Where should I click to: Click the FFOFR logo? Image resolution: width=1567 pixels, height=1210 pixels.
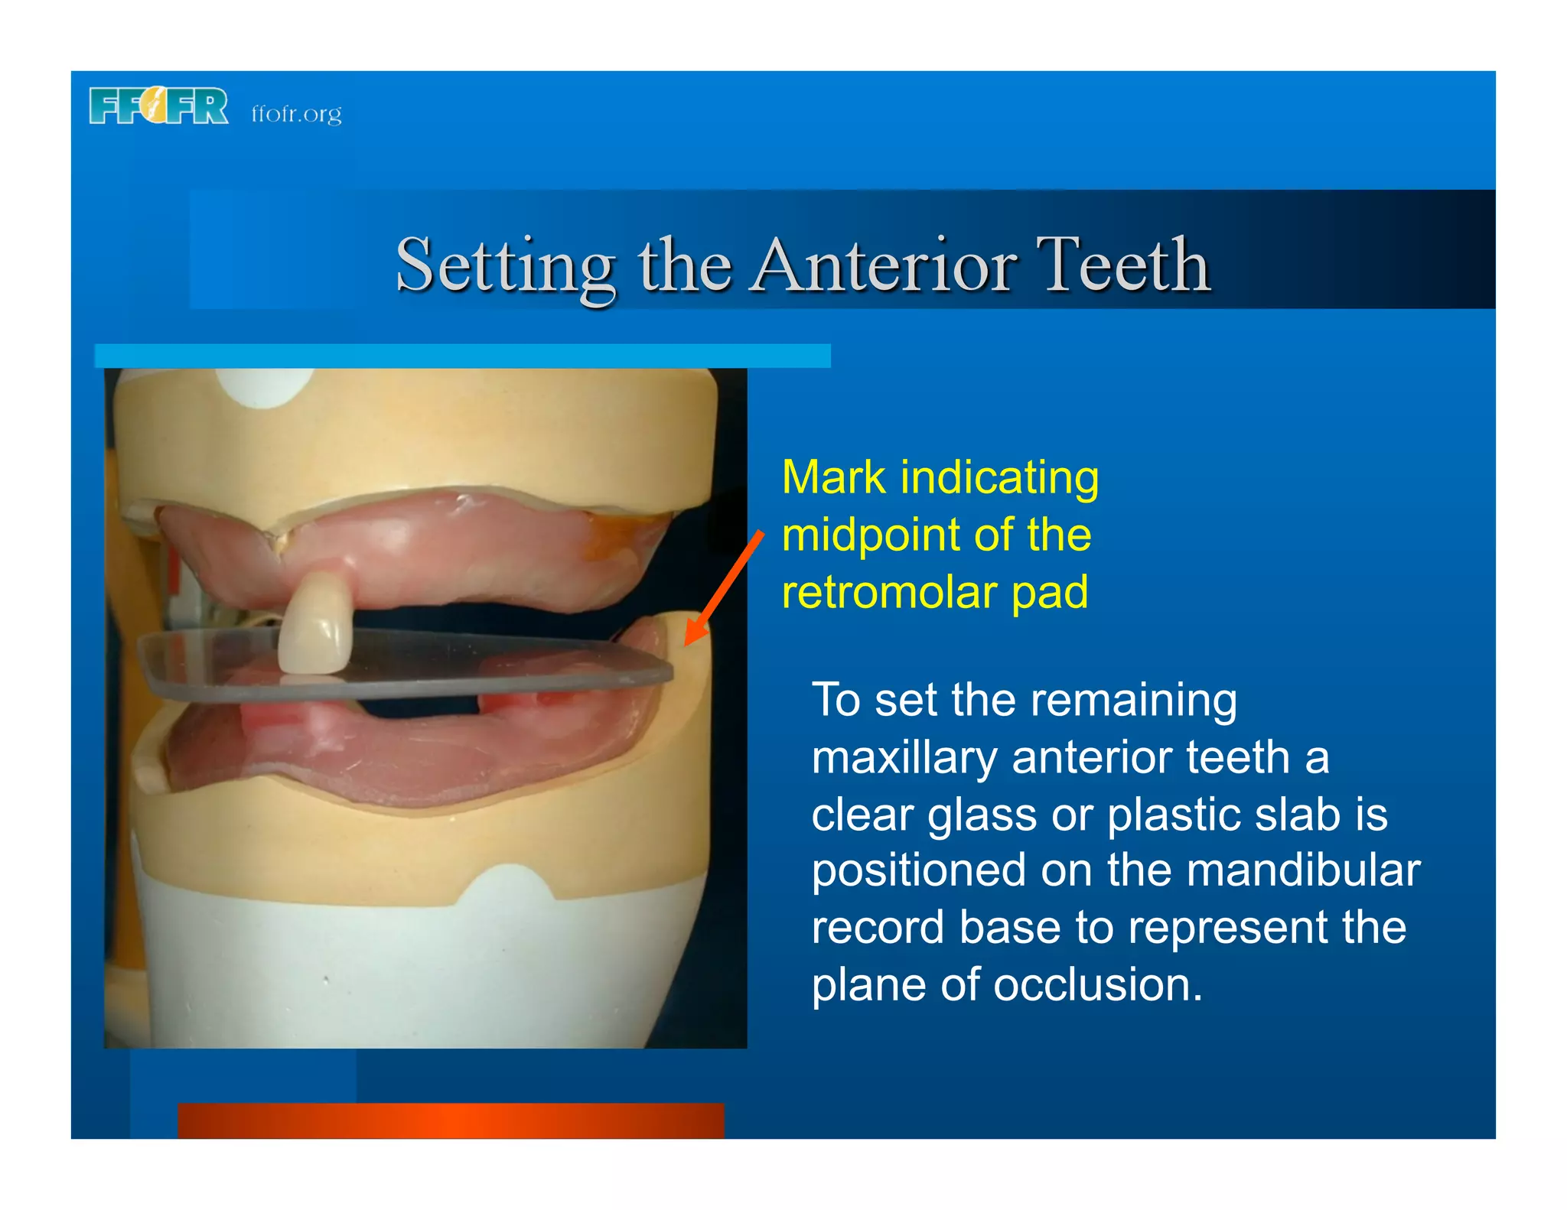click(158, 106)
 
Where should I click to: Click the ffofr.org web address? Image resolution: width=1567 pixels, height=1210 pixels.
click(296, 114)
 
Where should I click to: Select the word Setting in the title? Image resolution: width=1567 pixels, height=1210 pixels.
click(505, 266)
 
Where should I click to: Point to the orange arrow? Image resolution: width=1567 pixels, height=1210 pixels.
click(723, 589)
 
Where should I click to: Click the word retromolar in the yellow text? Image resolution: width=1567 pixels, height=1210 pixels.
click(888, 593)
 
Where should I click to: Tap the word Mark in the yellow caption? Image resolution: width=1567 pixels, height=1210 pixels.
click(834, 478)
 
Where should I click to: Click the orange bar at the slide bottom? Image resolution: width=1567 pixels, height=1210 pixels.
click(451, 1121)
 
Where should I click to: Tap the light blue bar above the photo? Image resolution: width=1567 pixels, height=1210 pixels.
click(462, 356)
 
